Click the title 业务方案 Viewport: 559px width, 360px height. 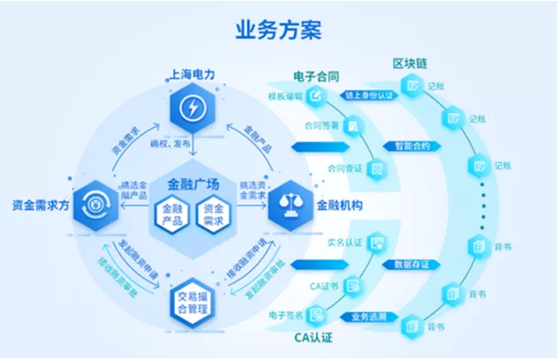[x=279, y=30]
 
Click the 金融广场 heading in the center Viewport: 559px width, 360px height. [x=193, y=184]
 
